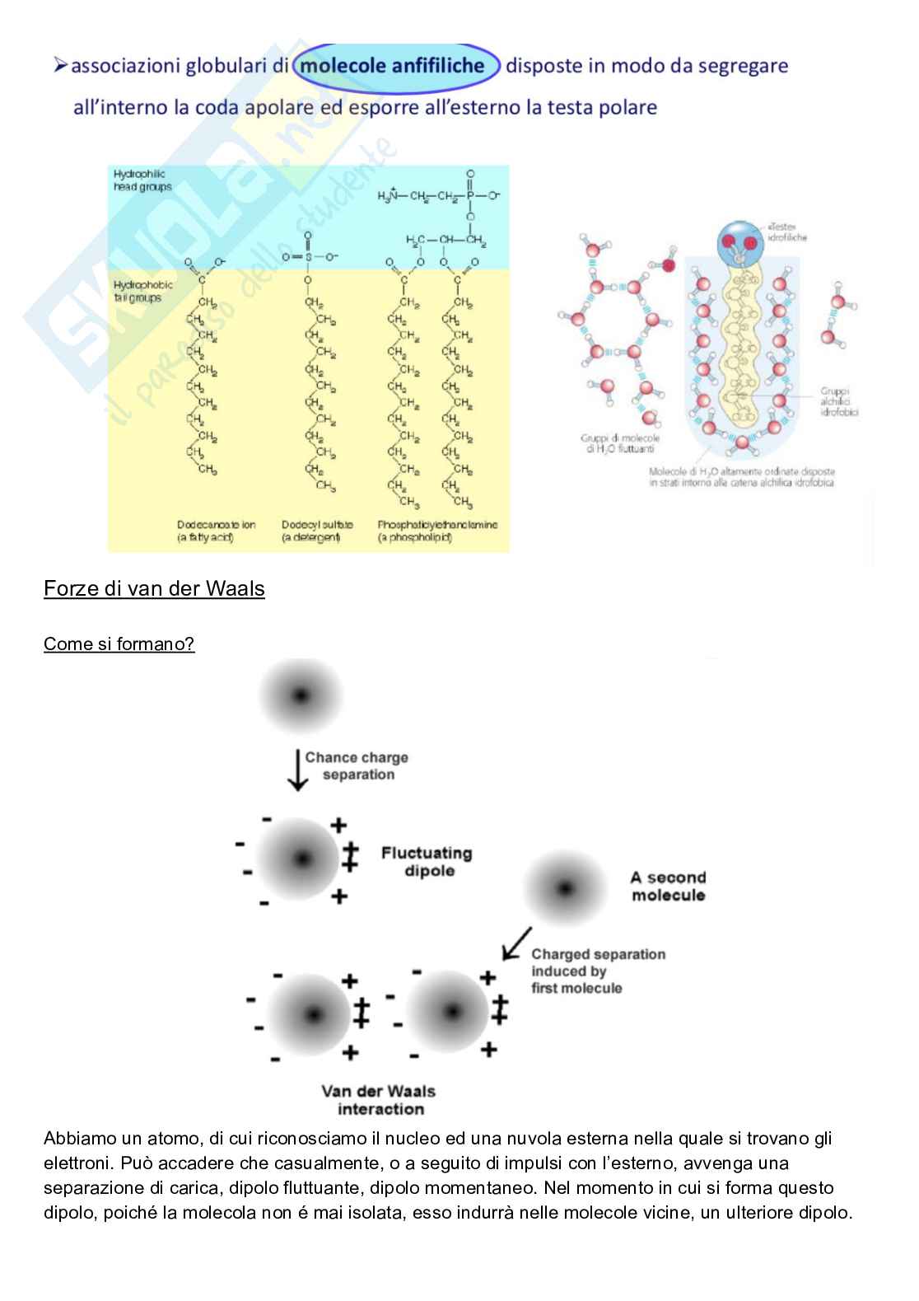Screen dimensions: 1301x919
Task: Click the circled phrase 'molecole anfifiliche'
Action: coord(395,66)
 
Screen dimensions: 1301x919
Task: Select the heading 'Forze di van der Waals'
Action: coord(154,588)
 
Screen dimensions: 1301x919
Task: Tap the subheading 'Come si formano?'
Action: coord(119,643)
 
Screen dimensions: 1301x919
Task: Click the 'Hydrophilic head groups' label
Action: coord(142,180)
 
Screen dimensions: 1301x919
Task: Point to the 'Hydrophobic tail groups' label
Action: coord(142,292)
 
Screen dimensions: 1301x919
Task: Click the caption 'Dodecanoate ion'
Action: coord(216,525)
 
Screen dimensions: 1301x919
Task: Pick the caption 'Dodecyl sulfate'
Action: coord(317,525)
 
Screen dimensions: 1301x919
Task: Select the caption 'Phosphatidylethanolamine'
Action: coord(437,525)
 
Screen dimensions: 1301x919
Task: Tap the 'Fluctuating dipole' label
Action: coord(426,862)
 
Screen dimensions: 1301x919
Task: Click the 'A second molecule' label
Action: coord(668,887)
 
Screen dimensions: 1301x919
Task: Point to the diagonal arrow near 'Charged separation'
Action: coord(516,943)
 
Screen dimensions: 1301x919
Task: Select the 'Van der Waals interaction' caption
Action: coord(379,1100)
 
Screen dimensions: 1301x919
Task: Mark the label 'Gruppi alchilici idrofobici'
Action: coord(838,402)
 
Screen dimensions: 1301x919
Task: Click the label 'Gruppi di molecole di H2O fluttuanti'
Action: coord(619,444)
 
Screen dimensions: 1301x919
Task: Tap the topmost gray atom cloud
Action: coord(301,695)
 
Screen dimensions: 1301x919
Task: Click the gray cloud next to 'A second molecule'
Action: coord(565,889)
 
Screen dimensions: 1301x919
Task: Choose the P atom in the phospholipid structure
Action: coord(470,196)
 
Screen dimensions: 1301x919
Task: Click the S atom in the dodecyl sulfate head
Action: coord(306,257)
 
